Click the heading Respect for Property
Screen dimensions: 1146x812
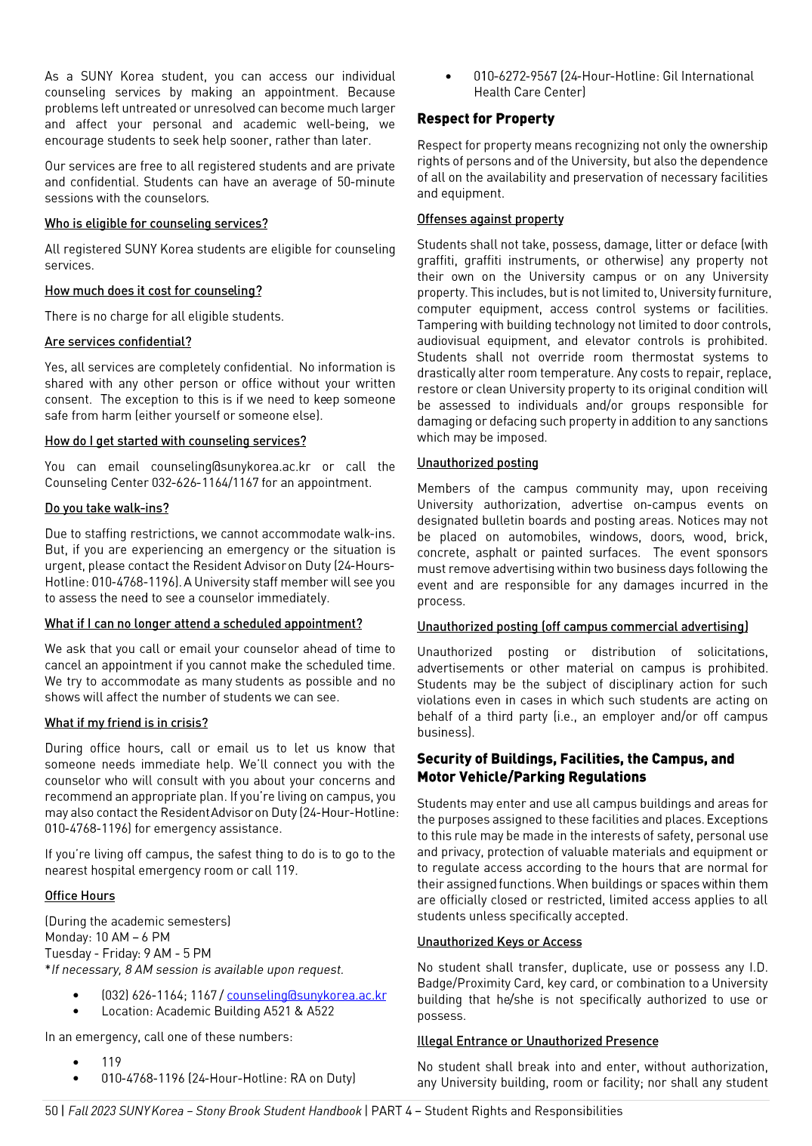point(486,119)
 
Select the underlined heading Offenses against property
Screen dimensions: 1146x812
point(490,219)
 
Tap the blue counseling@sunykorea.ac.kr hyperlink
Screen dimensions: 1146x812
point(306,996)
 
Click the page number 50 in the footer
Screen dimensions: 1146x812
point(51,1111)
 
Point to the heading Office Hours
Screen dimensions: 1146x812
point(79,896)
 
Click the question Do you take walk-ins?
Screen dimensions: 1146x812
point(107,508)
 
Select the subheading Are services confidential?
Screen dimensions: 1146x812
point(118,342)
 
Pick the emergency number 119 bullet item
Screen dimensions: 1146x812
point(111,1062)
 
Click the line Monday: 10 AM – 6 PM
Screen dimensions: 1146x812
point(107,938)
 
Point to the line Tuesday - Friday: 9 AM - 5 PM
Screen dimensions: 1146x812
point(128,953)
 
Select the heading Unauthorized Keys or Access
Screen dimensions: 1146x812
point(499,942)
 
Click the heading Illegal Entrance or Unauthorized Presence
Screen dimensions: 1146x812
point(537,1042)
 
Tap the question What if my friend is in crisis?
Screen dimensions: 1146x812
point(126,723)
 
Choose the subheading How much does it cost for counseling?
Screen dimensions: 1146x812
point(153,291)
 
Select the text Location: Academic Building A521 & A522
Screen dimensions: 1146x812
point(218,1012)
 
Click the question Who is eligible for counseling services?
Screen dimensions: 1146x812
point(156,224)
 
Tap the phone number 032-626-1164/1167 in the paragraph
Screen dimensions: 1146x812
point(204,483)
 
